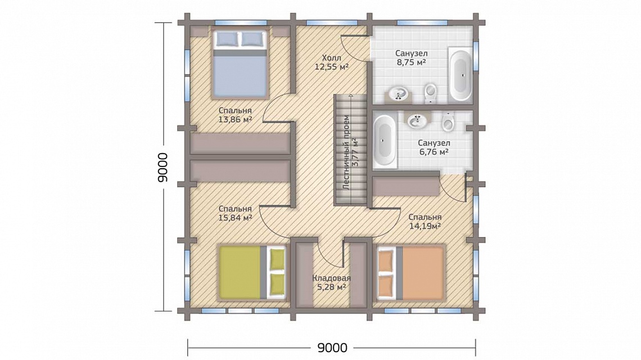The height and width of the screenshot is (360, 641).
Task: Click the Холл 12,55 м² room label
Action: [x=332, y=62]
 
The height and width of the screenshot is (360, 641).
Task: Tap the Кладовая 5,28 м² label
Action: [x=332, y=283]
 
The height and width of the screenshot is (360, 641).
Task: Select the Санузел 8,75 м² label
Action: [x=411, y=58]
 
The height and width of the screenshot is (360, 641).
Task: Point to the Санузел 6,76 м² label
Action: [x=434, y=148]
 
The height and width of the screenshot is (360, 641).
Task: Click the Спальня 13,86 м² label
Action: [x=235, y=115]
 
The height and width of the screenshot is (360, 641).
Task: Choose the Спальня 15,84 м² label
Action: [x=235, y=213]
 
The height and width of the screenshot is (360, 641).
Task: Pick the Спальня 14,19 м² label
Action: [x=425, y=221]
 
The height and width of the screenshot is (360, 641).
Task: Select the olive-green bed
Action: [x=252, y=272]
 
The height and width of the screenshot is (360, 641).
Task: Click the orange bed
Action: [x=411, y=272]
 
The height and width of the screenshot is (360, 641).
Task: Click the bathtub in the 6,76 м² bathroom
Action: [x=385, y=140]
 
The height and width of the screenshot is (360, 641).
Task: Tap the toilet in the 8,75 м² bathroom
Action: [x=431, y=94]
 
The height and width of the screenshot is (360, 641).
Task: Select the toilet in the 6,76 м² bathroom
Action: [x=448, y=121]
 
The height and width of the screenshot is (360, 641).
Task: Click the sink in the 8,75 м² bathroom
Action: [x=398, y=94]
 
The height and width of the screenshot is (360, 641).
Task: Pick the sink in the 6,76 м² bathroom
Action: [x=417, y=120]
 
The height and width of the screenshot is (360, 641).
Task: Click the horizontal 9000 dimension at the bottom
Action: [x=332, y=348]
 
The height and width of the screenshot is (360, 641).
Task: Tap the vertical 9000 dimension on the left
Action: [x=162, y=167]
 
